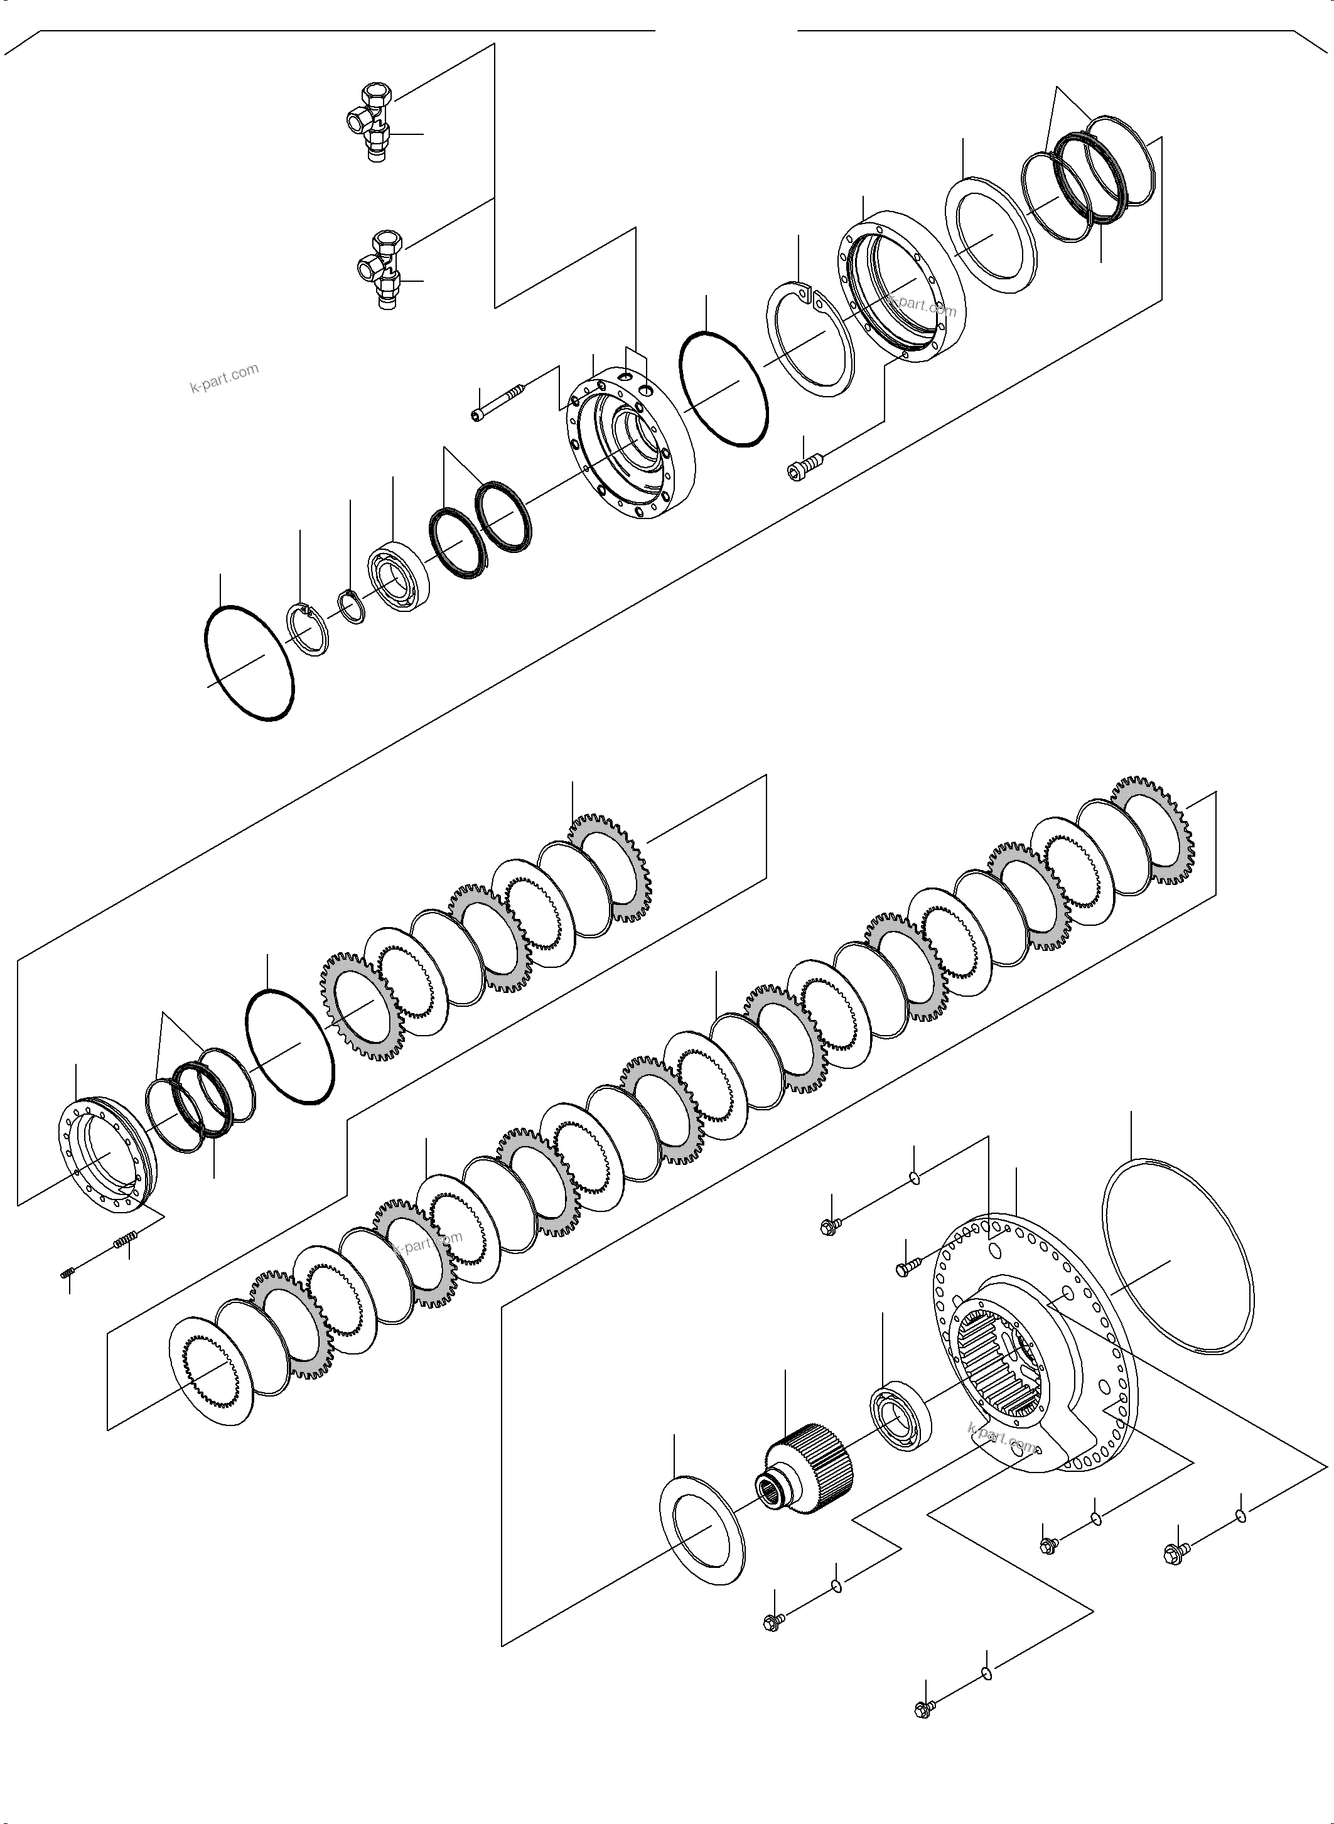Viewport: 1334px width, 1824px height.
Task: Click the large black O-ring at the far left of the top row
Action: click(249, 662)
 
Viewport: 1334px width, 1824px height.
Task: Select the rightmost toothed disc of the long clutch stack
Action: click(1151, 832)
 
